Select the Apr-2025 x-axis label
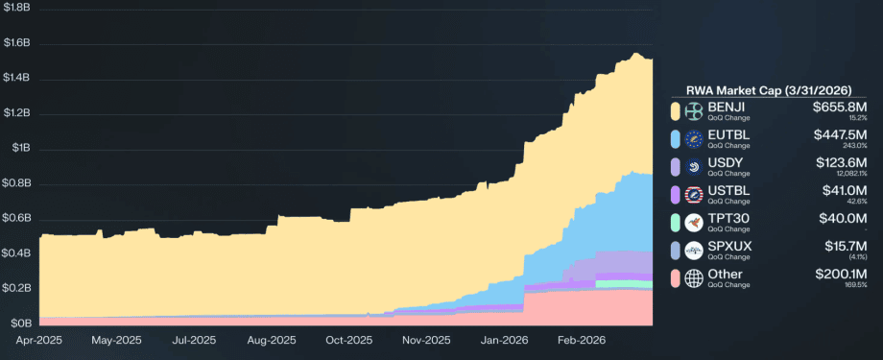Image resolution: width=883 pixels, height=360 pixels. (38, 340)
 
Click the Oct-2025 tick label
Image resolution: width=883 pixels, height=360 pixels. (348, 340)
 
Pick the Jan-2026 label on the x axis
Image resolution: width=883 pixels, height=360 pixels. (503, 340)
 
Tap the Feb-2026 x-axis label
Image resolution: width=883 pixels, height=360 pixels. (581, 340)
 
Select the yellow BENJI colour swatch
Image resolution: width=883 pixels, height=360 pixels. (676, 110)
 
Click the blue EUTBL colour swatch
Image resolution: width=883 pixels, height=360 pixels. (676, 139)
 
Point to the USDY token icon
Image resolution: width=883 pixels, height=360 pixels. (694, 167)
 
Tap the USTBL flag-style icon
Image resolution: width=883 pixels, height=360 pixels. (694, 195)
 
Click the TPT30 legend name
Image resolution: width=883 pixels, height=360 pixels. (728, 218)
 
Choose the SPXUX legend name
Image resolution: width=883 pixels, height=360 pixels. (730, 246)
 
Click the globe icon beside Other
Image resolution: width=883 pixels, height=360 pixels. (694, 278)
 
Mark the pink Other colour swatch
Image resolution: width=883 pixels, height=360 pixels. (676, 278)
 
